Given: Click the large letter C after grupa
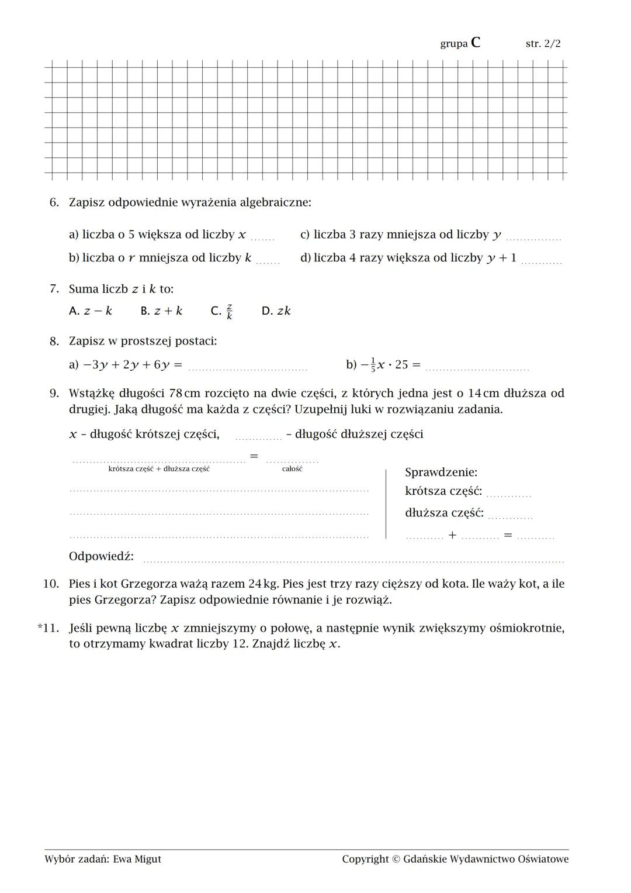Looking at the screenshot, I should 476,43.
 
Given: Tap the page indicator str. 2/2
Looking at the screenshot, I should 543,44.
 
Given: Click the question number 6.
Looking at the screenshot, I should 54,202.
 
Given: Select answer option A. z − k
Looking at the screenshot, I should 90,311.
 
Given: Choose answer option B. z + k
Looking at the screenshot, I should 161,311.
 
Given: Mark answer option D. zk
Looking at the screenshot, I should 276,311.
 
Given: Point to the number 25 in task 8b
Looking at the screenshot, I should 401,365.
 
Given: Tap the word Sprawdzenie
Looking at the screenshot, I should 441,472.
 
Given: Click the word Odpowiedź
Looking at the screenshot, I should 101,556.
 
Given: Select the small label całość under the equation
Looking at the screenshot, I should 292,469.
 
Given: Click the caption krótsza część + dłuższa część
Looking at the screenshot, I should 159,469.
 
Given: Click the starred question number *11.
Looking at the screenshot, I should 48,628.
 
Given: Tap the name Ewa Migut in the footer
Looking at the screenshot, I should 137,859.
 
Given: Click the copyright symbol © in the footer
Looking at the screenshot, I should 396,859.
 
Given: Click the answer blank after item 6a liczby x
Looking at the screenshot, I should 263,237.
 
